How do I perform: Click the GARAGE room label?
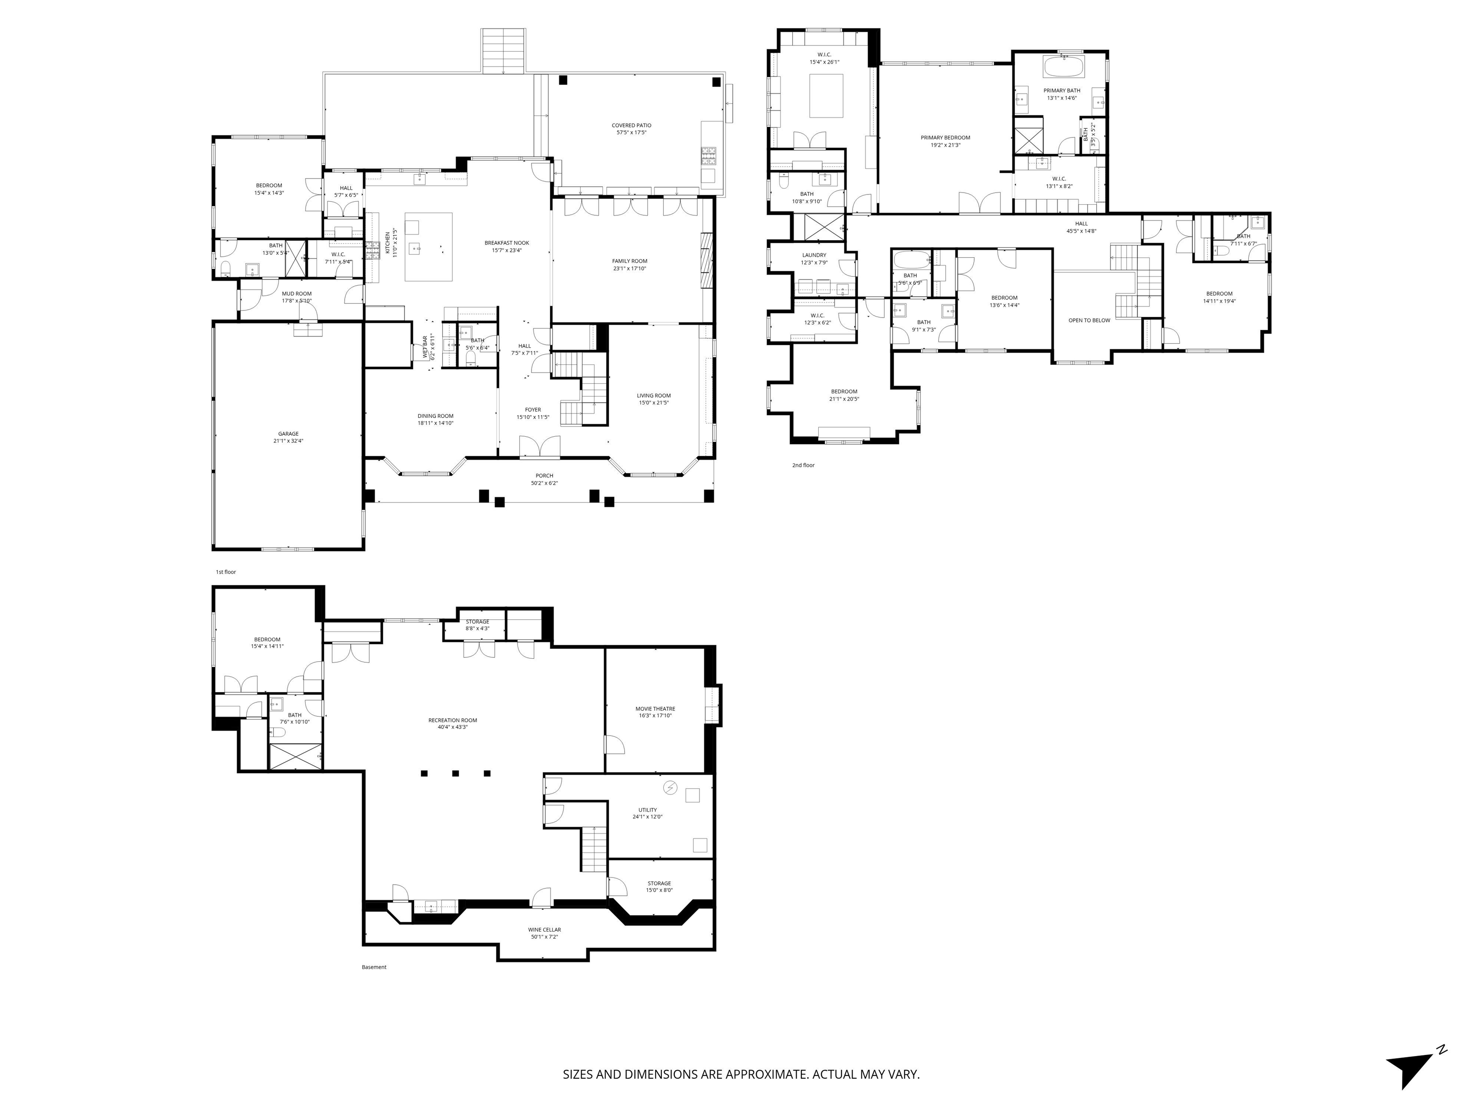(x=288, y=434)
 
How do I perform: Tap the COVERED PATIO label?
(x=631, y=125)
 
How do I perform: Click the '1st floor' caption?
(x=226, y=572)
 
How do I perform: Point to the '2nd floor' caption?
(x=803, y=464)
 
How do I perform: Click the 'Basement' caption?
(x=374, y=967)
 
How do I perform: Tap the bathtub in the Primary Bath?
(x=1062, y=68)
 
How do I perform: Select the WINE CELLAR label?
(x=545, y=930)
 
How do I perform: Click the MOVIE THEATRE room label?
(x=655, y=709)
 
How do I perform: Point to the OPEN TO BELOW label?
(x=1089, y=320)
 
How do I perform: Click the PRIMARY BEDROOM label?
(x=945, y=138)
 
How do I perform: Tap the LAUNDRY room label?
(x=814, y=255)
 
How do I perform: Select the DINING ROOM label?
(x=436, y=416)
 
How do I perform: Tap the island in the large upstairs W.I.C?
(x=826, y=96)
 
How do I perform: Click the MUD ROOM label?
(x=296, y=293)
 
